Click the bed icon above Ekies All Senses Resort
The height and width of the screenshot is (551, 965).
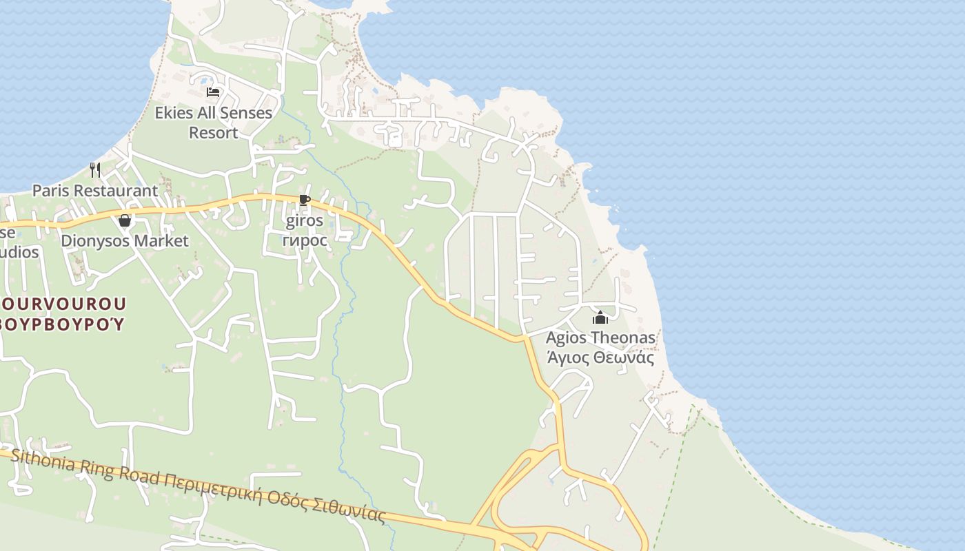[x=213, y=92]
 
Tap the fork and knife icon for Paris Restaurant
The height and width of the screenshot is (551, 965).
[x=95, y=169]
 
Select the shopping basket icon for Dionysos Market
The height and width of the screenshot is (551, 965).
[x=125, y=220]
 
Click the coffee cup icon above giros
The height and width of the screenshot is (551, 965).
[x=304, y=200]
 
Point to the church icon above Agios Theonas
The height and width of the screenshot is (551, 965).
[x=600, y=318]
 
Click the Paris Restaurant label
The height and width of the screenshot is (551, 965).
[x=95, y=190]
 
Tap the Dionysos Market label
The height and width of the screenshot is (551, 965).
[x=125, y=241]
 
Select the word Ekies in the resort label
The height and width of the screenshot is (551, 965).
[x=172, y=113]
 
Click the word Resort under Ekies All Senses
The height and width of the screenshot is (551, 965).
[x=214, y=132]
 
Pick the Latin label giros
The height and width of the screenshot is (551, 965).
[x=304, y=221]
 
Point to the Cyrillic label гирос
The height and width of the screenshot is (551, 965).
[x=304, y=240]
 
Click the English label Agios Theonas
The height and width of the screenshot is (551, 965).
[x=600, y=338]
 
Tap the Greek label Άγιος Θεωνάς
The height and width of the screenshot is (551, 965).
[x=600, y=357]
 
